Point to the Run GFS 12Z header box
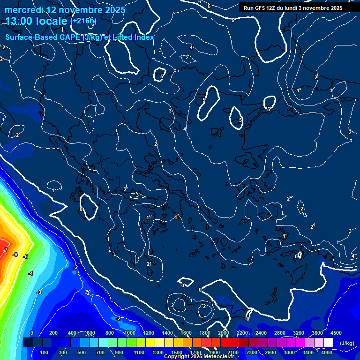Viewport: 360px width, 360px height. coord(293,8)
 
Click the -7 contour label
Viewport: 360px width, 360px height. coord(5,250)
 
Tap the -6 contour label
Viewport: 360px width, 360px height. coord(15,255)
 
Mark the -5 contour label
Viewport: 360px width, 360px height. coord(25,256)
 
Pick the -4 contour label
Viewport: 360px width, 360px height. coord(30,273)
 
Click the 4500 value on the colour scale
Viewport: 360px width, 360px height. coord(336,333)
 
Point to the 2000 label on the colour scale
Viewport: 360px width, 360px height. coord(224,333)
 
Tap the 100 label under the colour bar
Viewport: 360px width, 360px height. coord(45,352)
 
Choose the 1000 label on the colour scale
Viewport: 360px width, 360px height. coord(130,333)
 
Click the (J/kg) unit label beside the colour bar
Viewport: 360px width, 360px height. coord(347,343)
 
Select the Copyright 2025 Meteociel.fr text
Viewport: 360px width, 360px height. coord(199,357)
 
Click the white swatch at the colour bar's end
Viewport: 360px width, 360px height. coord(328,343)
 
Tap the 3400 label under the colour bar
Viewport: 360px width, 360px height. coord(308,352)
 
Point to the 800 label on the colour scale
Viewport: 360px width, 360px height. coord(110,333)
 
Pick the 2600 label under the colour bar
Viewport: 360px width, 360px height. coord(270,352)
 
